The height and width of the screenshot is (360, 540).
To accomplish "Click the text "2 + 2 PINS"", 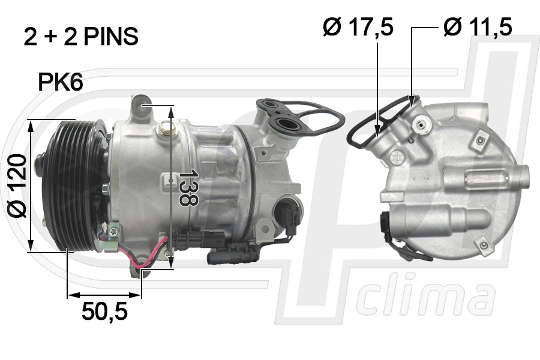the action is tap(81, 36).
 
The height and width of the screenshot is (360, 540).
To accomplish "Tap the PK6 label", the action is tap(61, 82).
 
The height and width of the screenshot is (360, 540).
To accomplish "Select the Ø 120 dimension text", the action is tap(17, 186).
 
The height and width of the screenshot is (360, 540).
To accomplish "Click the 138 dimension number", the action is tap(188, 188).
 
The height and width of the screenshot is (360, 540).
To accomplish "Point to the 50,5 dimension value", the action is tap(104, 311).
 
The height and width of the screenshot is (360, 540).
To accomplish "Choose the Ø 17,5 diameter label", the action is tap(358, 27).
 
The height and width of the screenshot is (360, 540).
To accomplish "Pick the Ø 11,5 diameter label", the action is tap(478, 27).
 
